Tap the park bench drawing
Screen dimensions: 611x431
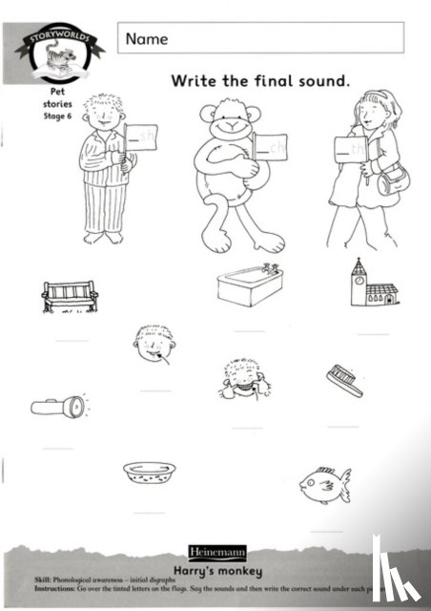[71, 297]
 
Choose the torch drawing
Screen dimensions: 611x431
[57, 406]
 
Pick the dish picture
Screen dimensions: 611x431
[150, 471]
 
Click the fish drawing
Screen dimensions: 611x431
[323, 484]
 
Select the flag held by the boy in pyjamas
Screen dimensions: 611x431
[142, 137]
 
